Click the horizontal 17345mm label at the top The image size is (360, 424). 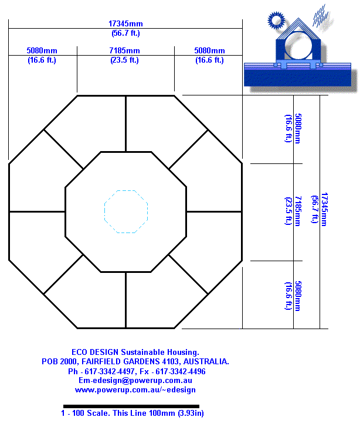pos(125,24)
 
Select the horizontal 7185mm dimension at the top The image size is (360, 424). pos(125,51)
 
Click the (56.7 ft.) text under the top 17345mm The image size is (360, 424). pos(125,33)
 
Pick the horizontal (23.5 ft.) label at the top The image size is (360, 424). pos(125,60)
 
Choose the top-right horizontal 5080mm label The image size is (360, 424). pos(209,51)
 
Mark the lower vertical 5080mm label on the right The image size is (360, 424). pos(297,296)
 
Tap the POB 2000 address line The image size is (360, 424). pos(135,362)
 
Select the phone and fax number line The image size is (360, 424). pos(137,371)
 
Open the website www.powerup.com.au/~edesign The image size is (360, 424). pos(135,389)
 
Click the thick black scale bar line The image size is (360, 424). pos(131,406)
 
